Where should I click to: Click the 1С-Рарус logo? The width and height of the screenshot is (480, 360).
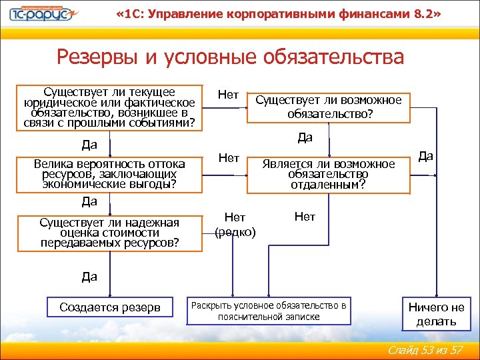[41, 15]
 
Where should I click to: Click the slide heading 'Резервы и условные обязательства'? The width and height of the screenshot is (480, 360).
[230, 57]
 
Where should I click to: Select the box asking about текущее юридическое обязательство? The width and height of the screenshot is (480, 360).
[109, 107]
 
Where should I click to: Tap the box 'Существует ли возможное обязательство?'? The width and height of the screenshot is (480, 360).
[329, 107]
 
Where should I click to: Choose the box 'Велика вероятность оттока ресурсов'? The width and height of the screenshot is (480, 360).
[109, 174]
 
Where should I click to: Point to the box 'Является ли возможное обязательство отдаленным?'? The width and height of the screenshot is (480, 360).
[328, 174]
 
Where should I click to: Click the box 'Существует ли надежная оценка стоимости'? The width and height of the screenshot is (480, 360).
[109, 233]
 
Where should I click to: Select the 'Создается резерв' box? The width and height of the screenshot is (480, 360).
[109, 307]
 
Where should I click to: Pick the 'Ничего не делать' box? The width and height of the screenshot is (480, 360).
[436, 314]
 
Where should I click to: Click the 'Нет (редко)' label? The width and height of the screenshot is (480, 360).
[235, 224]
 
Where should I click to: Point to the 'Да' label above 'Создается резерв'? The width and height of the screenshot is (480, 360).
[89, 275]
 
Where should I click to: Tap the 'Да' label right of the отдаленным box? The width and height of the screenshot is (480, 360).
[426, 156]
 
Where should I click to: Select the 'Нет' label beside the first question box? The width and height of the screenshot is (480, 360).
[229, 95]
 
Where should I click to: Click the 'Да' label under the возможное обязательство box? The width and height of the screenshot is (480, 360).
[305, 138]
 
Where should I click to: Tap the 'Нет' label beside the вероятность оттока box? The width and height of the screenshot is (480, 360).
[229, 158]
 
